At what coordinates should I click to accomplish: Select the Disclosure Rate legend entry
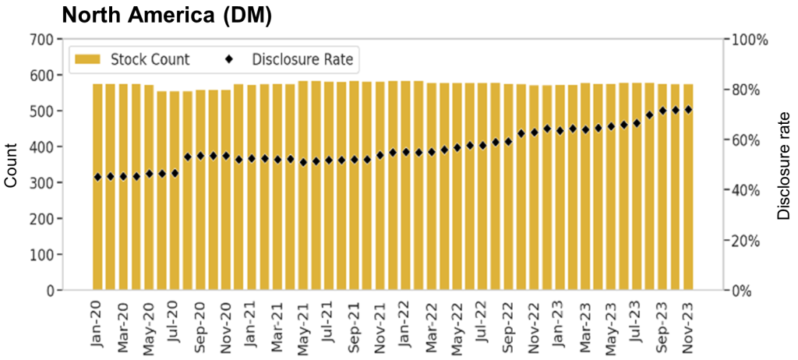click(x=301, y=59)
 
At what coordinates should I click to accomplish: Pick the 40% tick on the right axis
click(x=746, y=190)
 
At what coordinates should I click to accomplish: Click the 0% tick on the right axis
click(x=743, y=291)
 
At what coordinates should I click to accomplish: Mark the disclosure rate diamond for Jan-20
click(x=97, y=178)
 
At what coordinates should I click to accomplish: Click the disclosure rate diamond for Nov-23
click(x=688, y=110)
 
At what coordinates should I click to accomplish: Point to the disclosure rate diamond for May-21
click(x=303, y=162)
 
